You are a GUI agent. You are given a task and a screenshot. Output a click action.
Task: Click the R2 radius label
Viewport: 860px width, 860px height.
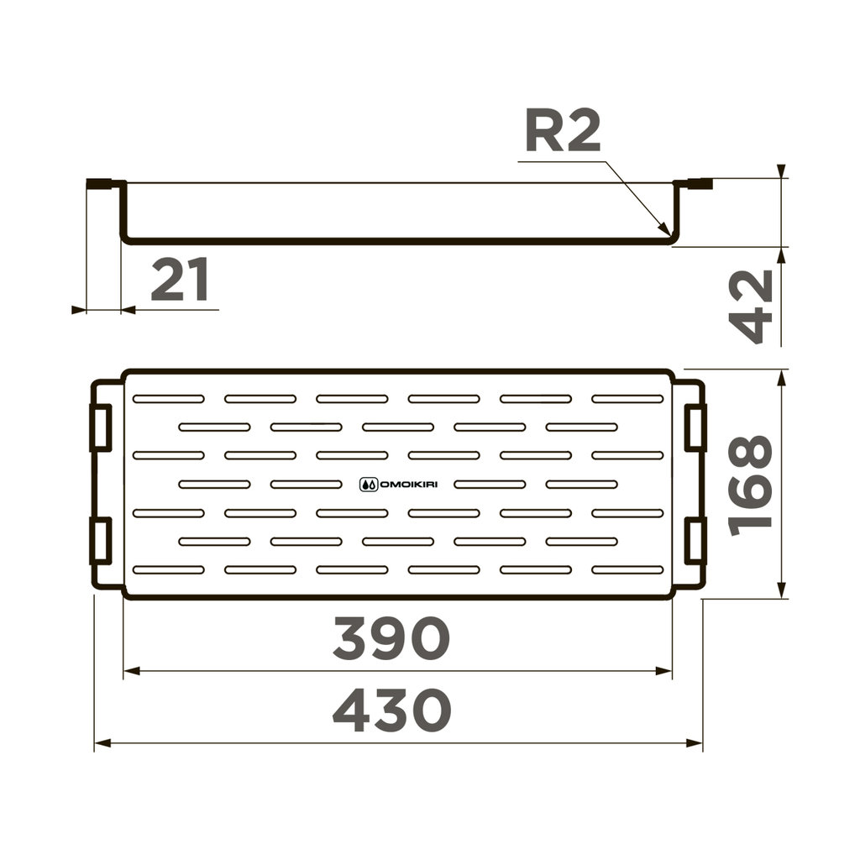[563, 133]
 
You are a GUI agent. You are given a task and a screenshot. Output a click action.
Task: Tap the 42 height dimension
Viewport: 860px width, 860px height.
[750, 306]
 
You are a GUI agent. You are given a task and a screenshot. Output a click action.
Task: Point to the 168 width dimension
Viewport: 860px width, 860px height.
[750, 485]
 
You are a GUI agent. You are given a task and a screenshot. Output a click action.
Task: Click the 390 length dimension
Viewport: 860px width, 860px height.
[391, 639]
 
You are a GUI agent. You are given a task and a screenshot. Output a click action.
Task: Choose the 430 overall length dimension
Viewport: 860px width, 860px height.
[391, 711]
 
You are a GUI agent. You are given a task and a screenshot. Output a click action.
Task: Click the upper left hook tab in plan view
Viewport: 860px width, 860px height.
[101, 427]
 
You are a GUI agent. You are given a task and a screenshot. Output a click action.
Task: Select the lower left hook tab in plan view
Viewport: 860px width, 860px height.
[101, 541]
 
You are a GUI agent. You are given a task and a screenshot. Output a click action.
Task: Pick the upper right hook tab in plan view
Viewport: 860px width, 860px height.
[695, 427]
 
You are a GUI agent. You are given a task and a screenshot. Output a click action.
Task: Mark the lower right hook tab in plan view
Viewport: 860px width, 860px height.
[695, 541]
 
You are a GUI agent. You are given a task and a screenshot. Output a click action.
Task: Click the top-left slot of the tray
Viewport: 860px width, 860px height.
[169, 398]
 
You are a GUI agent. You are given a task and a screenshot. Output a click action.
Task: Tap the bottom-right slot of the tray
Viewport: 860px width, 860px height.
[627, 569]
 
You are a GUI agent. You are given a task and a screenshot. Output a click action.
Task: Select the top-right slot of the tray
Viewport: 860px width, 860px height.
[627, 398]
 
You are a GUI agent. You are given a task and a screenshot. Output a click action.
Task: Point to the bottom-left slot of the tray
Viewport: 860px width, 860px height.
[169, 569]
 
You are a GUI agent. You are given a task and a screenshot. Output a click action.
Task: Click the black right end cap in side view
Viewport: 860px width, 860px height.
[700, 182]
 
